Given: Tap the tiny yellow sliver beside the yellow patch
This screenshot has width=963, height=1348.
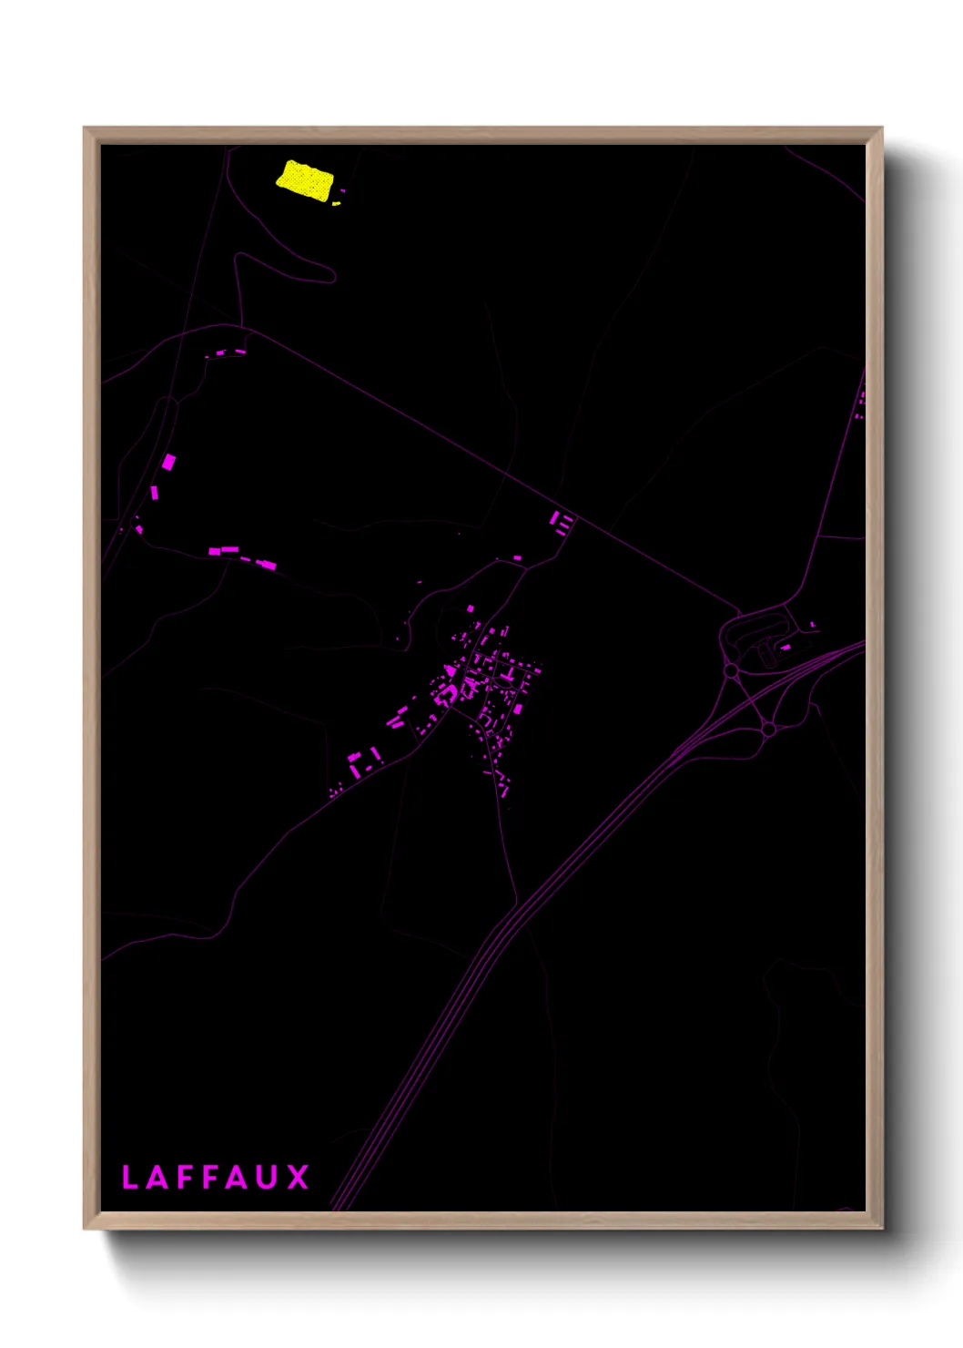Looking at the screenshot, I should pos(336,203).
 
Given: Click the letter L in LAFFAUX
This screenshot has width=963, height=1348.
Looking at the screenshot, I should pos(129,1177).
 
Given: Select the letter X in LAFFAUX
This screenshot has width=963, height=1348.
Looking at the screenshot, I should pos(298,1177).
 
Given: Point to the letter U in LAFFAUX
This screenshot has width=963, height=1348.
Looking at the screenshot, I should pos(265,1177).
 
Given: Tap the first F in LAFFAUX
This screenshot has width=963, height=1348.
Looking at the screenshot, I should pos(183,1177).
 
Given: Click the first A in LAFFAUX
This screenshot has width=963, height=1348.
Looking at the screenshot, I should pos(156,1177).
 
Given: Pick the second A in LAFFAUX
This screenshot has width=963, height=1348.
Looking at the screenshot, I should pos(237,1177).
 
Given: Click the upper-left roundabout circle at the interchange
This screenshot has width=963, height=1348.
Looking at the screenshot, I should pos(731,671).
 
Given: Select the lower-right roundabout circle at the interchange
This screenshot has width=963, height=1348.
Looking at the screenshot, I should pos(768,729).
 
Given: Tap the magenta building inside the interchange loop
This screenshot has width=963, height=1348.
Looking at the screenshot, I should pos(784,647).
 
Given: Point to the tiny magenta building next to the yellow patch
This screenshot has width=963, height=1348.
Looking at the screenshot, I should pos(343,191).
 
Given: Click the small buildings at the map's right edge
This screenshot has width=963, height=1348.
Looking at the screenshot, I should pos(860,402).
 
